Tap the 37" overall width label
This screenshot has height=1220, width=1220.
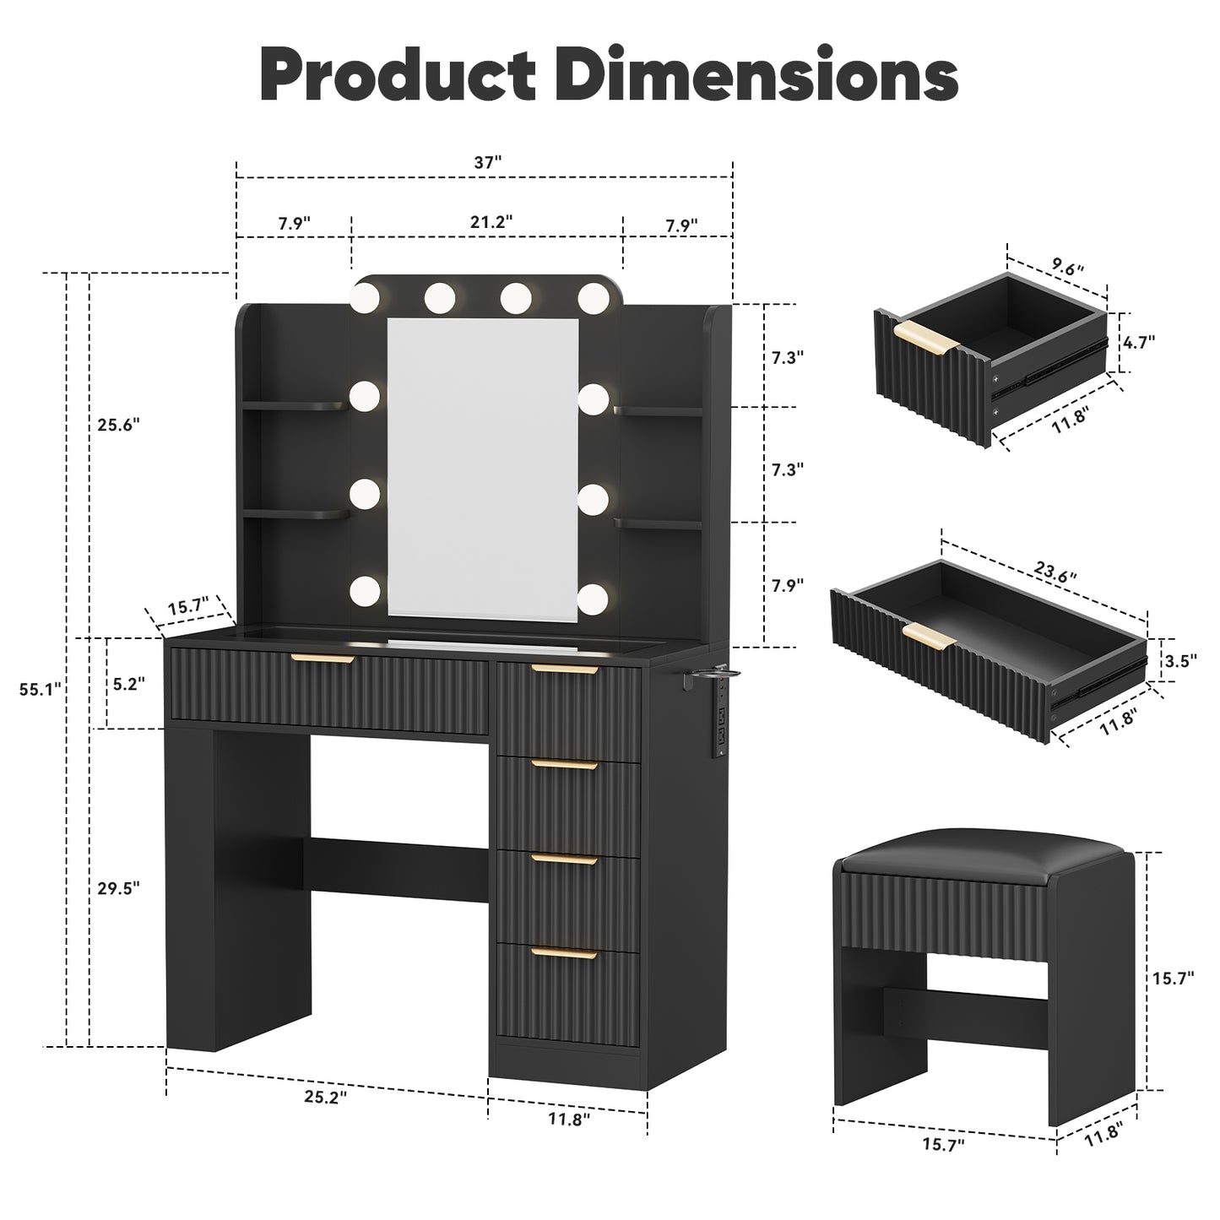[487, 163]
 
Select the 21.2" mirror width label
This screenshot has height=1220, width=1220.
[491, 222]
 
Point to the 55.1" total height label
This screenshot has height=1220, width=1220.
[40, 689]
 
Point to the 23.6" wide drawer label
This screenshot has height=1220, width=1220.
[1055, 572]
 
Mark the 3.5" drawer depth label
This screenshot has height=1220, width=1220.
[1181, 661]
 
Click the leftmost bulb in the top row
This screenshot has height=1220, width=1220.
[365, 296]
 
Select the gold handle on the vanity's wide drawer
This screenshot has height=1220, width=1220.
[323, 659]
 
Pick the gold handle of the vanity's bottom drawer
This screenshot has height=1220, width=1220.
[564, 953]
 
